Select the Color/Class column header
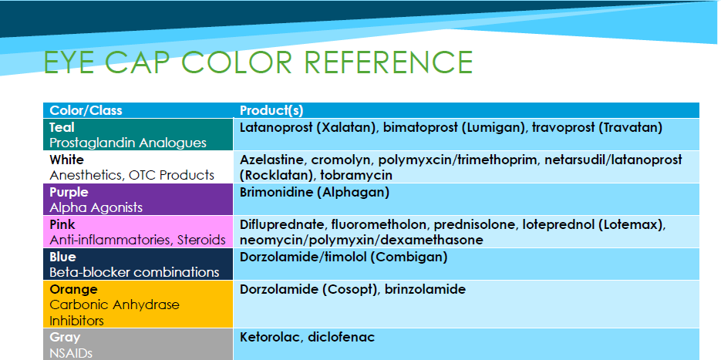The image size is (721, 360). [x=86, y=110]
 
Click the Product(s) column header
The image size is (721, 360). [x=271, y=110]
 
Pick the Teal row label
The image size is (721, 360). [x=62, y=127]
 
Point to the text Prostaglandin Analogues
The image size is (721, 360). [x=128, y=143]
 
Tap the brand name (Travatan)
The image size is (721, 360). [x=631, y=127]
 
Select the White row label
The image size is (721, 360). [x=66, y=160]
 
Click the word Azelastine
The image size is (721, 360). [x=271, y=160]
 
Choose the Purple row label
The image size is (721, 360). [x=69, y=192]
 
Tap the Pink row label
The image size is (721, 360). [x=62, y=224]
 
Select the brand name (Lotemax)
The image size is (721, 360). [x=634, y=225]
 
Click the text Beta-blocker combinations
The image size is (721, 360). [x=134, y=272]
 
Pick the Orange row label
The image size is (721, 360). [x=73, y=290]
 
